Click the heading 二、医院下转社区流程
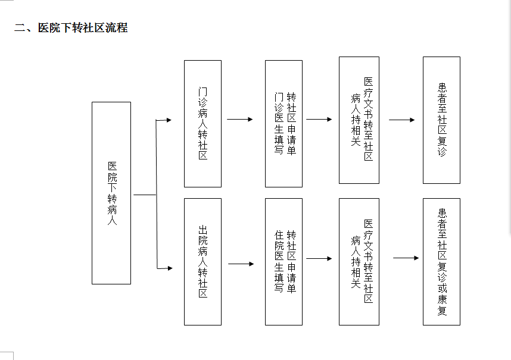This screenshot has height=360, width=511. tap(71, 27)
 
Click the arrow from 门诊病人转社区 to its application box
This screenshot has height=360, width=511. tap(240, 120)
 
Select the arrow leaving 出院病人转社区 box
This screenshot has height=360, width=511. tap(241, 264)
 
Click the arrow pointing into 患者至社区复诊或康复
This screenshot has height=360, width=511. tap(406, 258)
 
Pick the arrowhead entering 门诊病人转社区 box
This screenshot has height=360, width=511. tap(169, 120)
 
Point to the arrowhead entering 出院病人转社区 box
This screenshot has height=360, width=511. tap(170, 268)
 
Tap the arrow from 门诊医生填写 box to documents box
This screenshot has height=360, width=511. tap(319, 120)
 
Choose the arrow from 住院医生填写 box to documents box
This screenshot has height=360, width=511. tap(319, 258)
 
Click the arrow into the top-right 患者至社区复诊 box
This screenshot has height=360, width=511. tap(402, 120)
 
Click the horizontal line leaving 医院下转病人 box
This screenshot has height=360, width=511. tap(145, 195)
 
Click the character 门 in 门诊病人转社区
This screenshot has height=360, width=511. tap(202, 92)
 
